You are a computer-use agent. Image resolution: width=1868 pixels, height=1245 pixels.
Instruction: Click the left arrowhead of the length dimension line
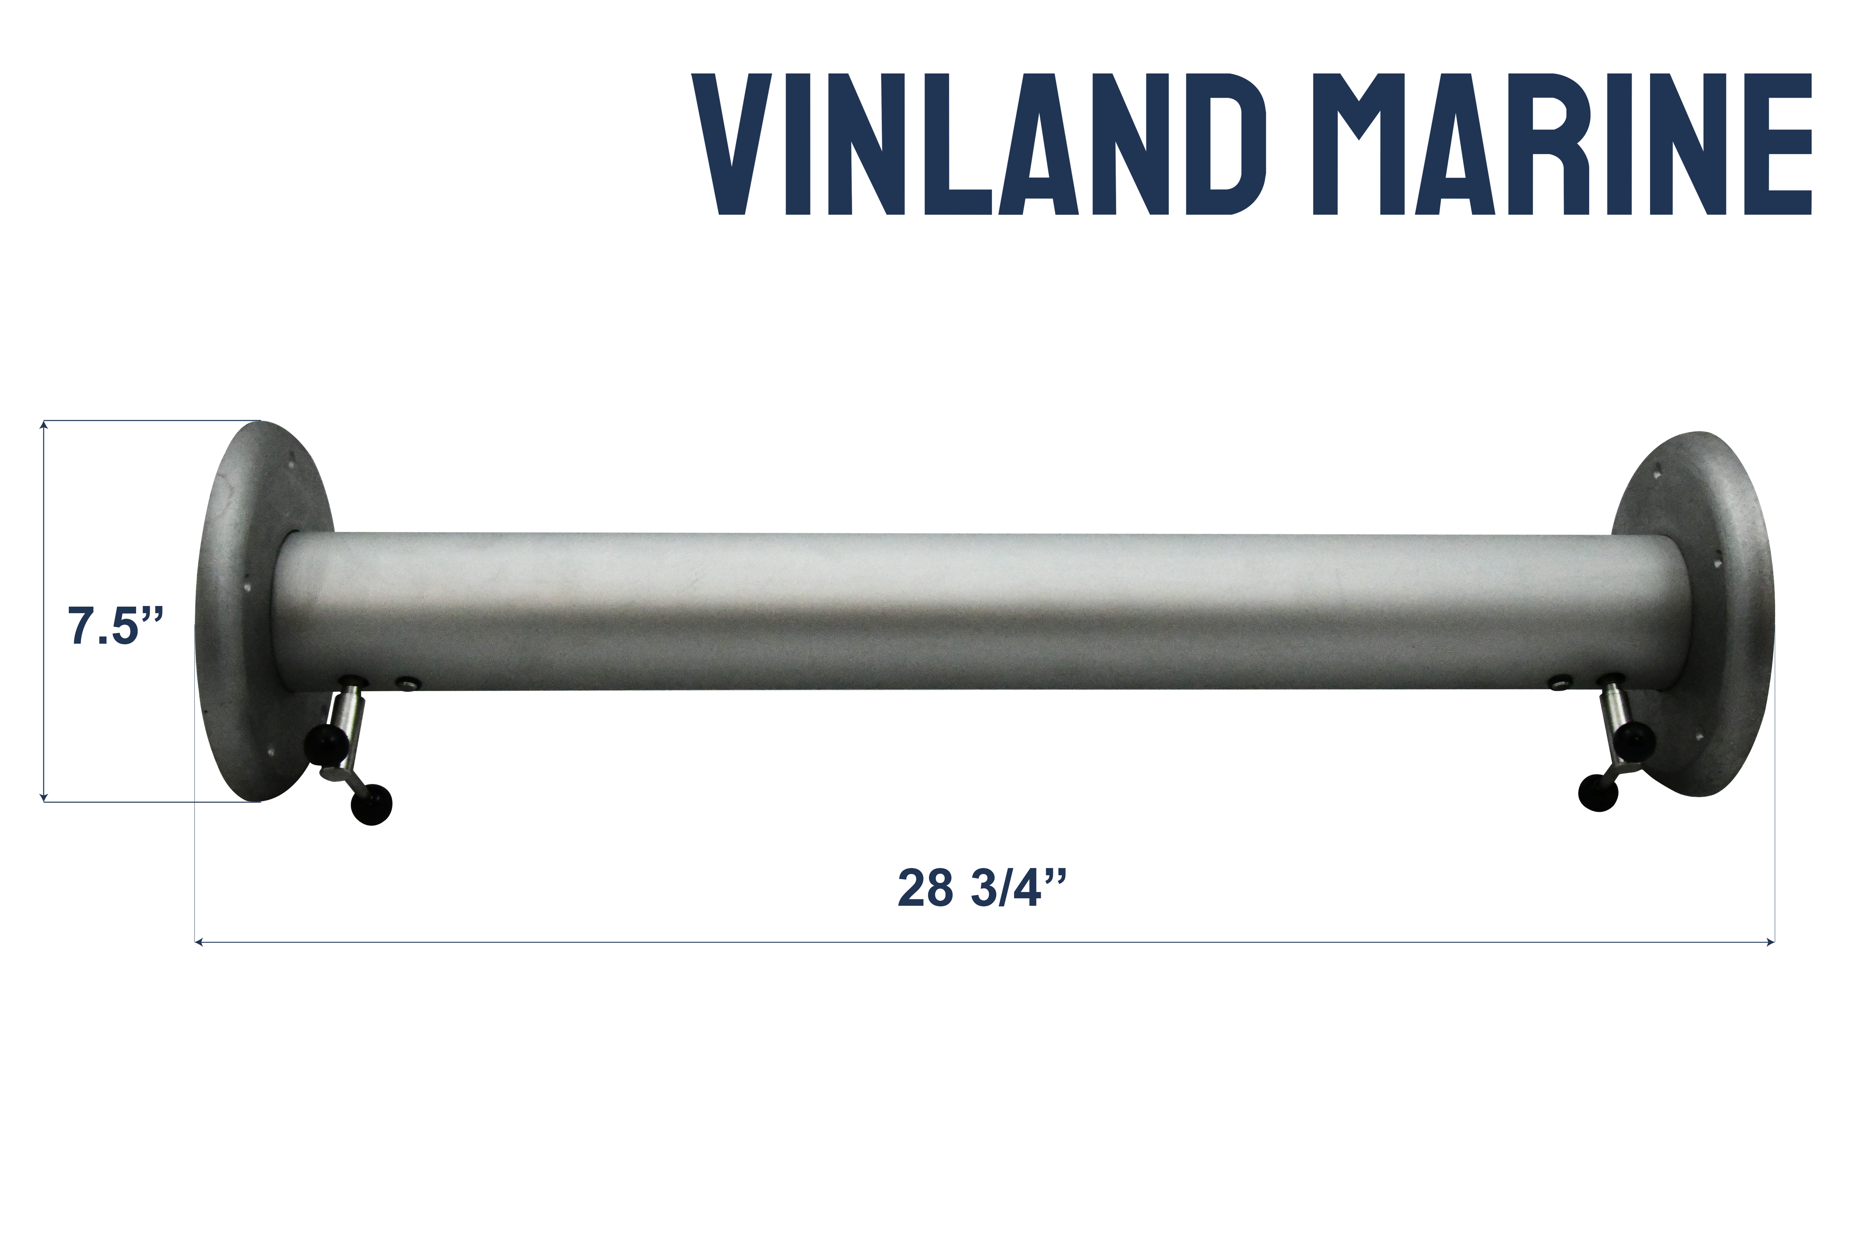[x=198, y=943]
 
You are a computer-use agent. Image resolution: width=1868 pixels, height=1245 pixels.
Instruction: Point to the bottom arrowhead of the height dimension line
[x=44, y=796]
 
